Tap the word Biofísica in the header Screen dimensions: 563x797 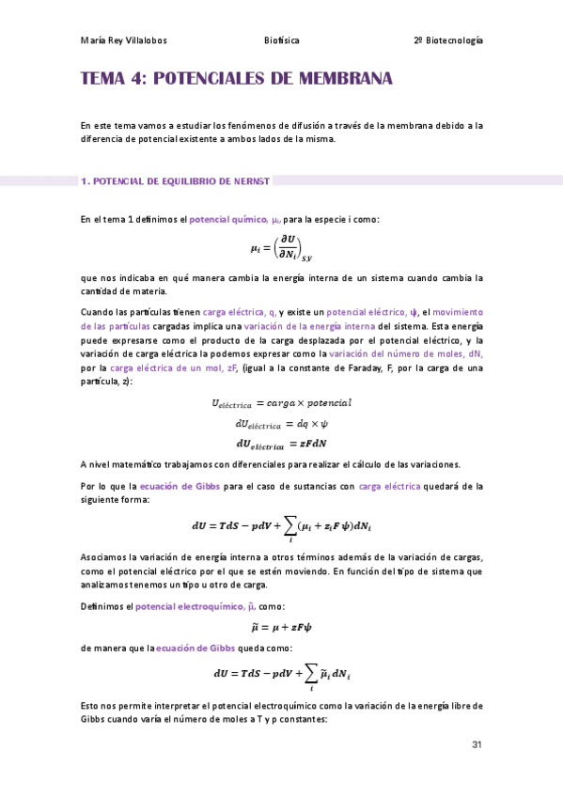click(x=283, y=40)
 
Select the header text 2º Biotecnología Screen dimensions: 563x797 click(x=447, y=40)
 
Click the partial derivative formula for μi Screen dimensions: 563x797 click(x=281, y=248)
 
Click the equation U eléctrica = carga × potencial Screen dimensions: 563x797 click(x=281, y=403)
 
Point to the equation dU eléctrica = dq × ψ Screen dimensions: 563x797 click(x=281, y=423)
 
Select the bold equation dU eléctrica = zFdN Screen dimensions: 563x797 click(x=281, y=443)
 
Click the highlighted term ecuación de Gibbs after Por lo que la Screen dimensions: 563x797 click(x=167, y=486)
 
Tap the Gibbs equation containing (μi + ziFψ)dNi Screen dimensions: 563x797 click(x=281, y=528)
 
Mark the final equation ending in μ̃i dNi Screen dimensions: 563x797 click(x=281, y=675)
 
